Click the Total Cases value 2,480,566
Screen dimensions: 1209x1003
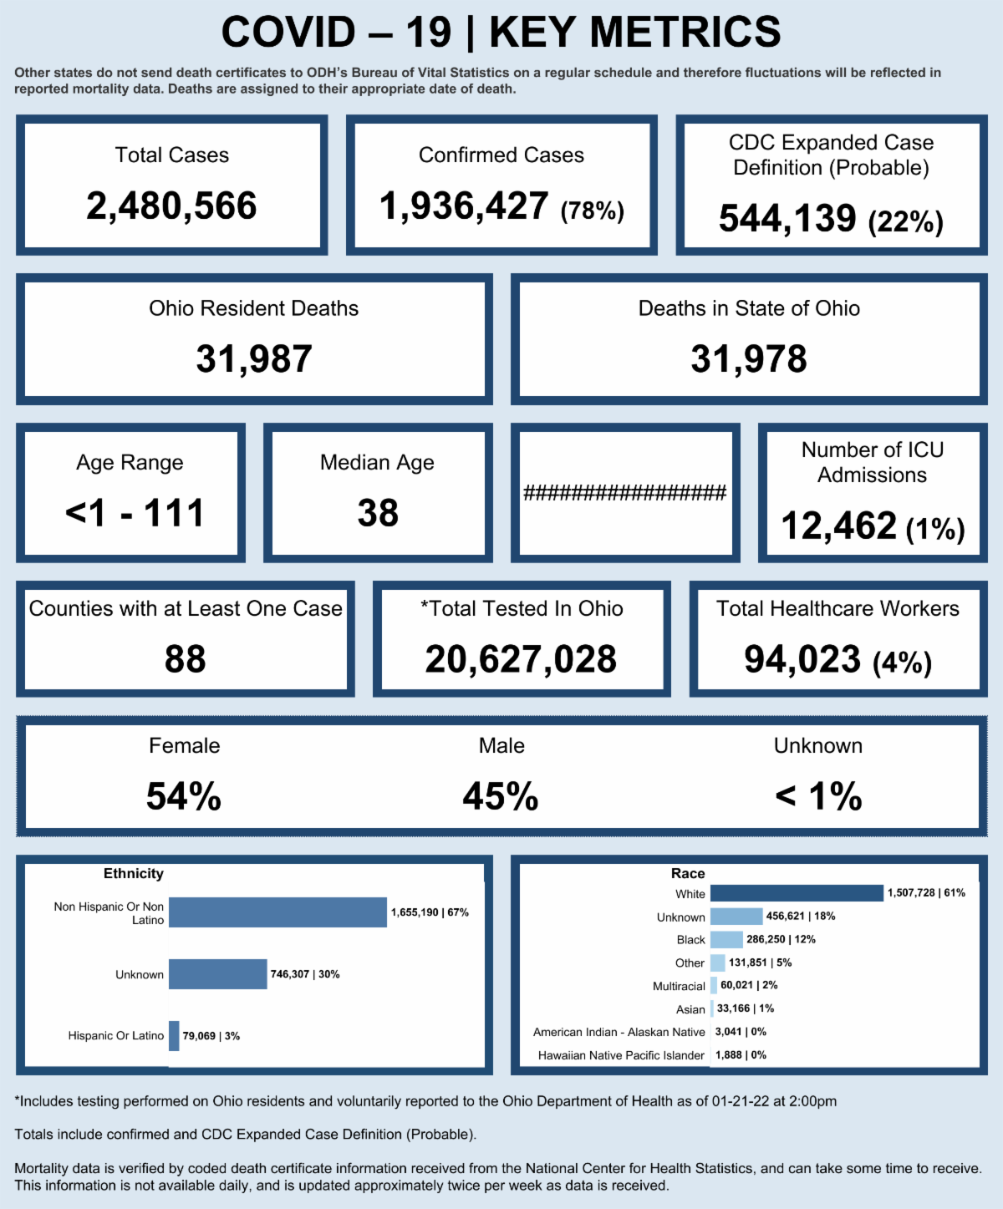tap(171, 206)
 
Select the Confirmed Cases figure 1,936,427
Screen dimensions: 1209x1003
tap(464, 206)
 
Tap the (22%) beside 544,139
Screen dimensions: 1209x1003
tap(906, 221)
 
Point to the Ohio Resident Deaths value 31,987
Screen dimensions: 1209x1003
tap(254, 359)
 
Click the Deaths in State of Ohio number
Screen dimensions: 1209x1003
tap(749, 359)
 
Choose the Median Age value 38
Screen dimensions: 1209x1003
tap(378, 513)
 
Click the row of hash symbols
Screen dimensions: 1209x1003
tap(625, 493)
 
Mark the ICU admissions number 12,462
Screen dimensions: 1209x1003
tap(839, 526)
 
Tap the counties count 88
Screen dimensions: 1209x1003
tap(185, 659)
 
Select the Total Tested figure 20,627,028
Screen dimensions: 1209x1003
tap(521, 659)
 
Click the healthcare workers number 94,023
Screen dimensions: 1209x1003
tap(802, 659)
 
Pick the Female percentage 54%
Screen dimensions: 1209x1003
tap(184, 796)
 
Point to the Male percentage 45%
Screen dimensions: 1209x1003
tap(501, 796)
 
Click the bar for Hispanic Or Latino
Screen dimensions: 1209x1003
tap(174, 1036)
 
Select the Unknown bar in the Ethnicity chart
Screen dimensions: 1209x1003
tap(217, 974)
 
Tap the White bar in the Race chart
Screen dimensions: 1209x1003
tap(797, 893)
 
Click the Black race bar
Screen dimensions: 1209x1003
tap(726, 940)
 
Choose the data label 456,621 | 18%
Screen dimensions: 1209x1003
tap(801, 917)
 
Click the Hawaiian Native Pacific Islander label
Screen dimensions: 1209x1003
tap(621, 1055)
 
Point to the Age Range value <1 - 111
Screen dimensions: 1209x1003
tap(135, 513)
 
